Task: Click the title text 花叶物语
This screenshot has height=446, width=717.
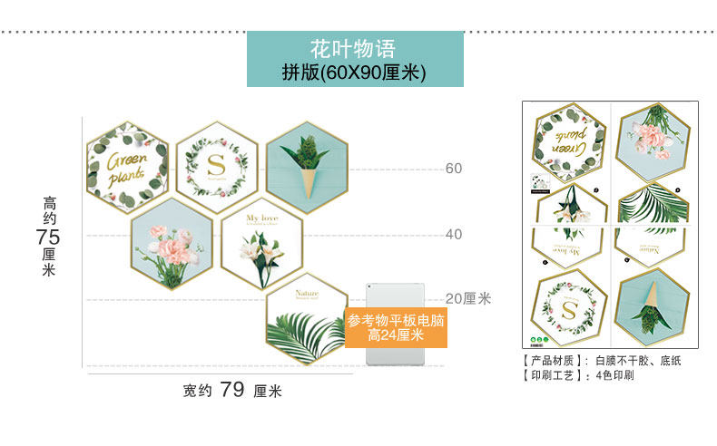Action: tap(354, 47)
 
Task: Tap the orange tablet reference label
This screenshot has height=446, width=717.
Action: tap(396, 328)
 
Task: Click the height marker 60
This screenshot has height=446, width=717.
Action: tap(453, 169)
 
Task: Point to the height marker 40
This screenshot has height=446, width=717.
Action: tap(453, 234)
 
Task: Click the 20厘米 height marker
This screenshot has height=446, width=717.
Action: tap(467, 298)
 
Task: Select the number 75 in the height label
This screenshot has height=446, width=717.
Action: tap(48, 236)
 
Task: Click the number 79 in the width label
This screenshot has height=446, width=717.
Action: tap(231, 390)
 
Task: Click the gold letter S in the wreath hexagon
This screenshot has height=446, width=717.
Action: tap(215, 166)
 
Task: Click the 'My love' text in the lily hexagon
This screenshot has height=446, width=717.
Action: tap(262, 218)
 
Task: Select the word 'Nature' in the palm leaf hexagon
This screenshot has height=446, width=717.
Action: tap(306, 293)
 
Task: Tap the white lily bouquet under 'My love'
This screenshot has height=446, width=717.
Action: tap(256, 254)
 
